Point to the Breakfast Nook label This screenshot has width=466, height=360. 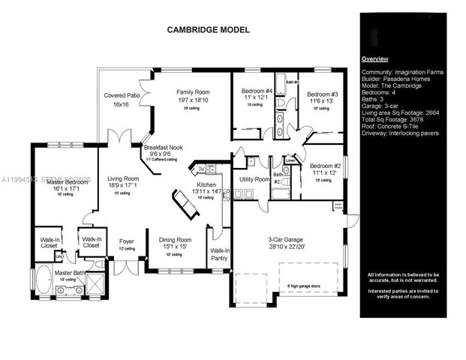[162, 148]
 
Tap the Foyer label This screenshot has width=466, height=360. [127, 241]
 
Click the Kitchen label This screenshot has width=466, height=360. [206, 184]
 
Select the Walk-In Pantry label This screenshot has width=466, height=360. [220, 254]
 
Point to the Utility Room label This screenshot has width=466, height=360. [254, 180]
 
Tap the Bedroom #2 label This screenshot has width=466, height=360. [326, 166]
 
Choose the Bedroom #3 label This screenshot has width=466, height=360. [323, 94]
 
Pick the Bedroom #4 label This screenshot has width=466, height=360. [256, 93]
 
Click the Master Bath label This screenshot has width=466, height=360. [68, 273]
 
